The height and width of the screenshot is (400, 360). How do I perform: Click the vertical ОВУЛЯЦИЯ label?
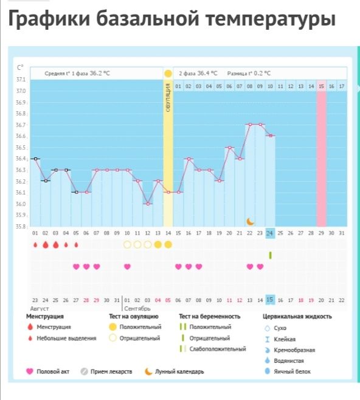point(168,100)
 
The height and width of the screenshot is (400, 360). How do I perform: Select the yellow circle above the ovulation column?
point(168,73)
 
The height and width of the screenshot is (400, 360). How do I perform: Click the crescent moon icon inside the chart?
point(250,221)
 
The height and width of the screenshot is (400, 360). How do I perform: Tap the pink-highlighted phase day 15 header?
point(321,86)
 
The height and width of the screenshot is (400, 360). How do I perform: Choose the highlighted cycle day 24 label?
point(270,233)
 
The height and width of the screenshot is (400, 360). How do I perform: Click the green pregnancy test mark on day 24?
point(270,255)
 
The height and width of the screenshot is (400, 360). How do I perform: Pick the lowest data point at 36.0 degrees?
point(148,204)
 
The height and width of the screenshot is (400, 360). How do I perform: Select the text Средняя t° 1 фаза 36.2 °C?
point(77,73)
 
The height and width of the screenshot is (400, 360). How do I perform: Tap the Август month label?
point(40,309)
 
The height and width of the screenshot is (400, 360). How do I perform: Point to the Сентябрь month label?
point(137,309)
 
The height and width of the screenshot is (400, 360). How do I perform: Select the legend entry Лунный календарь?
point(179,371)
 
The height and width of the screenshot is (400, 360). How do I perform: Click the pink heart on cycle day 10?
point(127,266)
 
